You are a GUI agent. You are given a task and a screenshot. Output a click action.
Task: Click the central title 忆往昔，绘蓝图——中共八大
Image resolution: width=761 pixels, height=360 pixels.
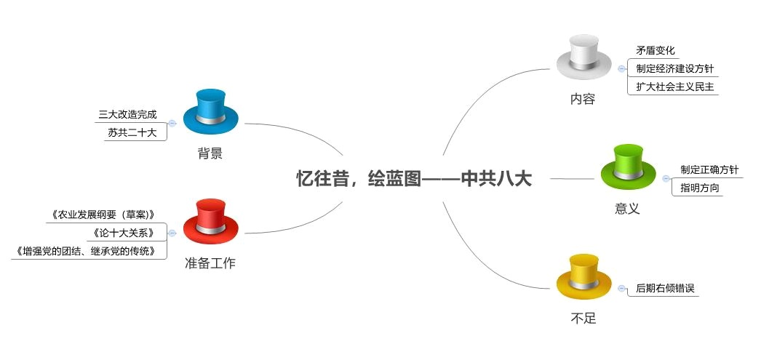414,179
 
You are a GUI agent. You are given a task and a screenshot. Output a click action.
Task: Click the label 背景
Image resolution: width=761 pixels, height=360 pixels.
210,153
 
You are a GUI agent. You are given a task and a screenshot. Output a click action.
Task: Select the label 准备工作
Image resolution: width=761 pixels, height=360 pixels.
210,263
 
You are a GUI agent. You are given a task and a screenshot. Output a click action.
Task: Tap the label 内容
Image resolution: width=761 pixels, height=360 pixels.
583,99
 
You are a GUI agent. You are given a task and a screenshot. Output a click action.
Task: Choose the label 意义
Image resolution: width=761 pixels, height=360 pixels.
627,209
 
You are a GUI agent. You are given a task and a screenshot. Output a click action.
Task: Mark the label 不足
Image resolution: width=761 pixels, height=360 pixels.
583,319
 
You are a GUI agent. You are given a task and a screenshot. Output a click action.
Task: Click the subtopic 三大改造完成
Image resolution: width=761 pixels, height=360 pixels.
127,115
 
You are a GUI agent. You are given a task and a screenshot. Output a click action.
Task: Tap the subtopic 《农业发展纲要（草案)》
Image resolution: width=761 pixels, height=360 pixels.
103,215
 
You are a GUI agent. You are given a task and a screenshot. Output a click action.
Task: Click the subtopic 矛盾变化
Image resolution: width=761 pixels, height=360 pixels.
656,51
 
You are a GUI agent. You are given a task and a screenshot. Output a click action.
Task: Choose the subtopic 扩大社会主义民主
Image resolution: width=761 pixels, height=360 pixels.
674,87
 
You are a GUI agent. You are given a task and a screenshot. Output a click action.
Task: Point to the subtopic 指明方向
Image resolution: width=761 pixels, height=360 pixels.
701,188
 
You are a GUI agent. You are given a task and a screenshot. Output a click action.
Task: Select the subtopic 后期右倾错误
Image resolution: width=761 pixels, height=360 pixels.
665,288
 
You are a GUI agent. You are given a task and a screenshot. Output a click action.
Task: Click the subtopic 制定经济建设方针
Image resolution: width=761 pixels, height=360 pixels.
674,69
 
